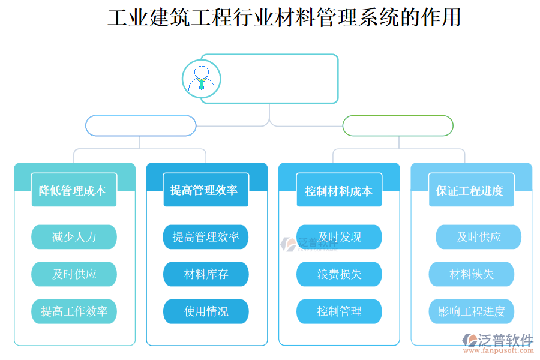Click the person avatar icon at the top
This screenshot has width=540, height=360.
202,79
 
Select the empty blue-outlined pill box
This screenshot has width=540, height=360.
141,126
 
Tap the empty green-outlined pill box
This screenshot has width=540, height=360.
398,126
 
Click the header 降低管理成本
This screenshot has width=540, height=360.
74,191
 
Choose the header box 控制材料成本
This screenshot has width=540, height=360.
339,191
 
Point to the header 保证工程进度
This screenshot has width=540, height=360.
471,191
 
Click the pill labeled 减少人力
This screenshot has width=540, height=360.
74,237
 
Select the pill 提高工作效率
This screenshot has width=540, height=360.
74,311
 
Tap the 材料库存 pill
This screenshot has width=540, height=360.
206,274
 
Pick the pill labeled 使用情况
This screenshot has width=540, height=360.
206,311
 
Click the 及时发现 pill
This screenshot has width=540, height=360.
339,237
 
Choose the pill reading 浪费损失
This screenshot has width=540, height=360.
339,274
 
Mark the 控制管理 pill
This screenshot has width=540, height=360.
339,311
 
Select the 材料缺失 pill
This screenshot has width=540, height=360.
471,274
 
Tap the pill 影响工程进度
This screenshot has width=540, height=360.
471,311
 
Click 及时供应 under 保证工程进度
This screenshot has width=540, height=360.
478,237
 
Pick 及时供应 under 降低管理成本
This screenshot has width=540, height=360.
74,274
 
